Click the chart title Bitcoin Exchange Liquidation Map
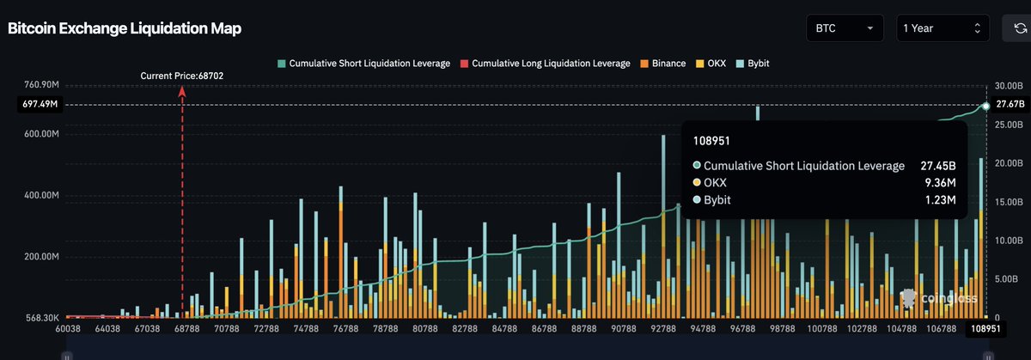[125, 28]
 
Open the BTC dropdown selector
[845, 28]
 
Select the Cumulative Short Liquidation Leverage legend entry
[363, 64]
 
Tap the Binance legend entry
[662, 64]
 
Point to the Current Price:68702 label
[181, 76]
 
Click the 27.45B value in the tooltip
[940, 166]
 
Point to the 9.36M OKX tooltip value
[942, 183]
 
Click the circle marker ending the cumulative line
[986, 106]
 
